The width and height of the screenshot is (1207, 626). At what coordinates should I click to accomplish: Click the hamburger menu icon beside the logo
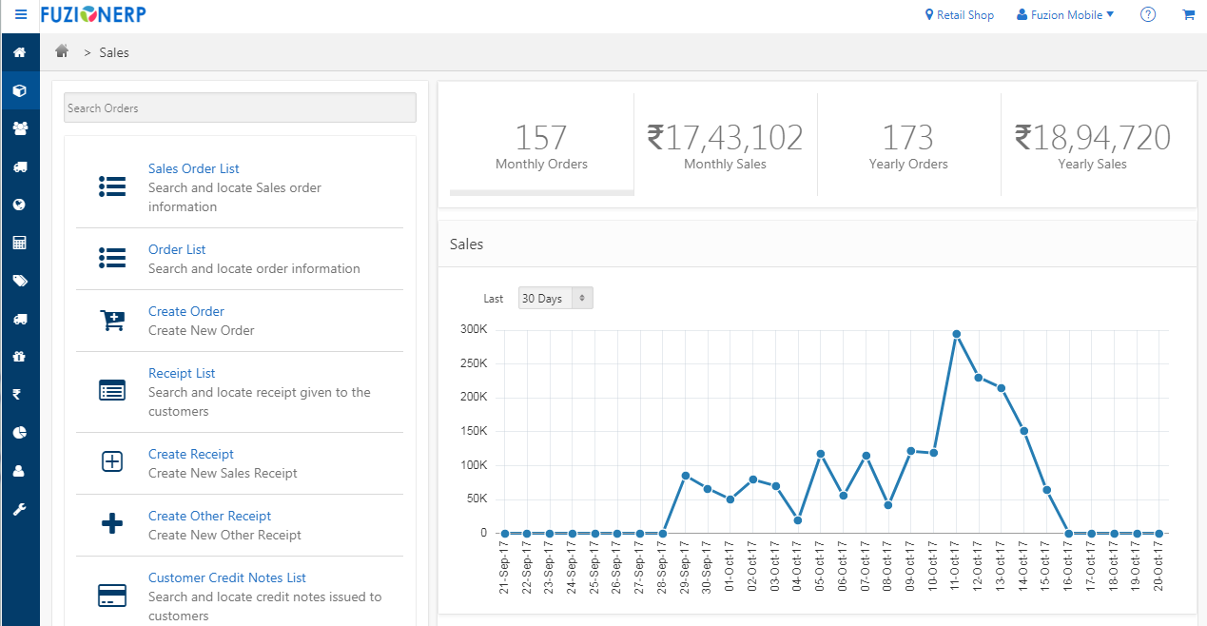21,15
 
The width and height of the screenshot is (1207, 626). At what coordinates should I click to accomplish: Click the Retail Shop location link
960,15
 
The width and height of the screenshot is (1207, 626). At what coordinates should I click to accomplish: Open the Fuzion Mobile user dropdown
1065,15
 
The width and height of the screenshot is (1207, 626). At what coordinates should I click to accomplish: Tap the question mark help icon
1148,15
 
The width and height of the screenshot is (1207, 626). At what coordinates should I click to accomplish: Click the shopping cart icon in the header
1188,15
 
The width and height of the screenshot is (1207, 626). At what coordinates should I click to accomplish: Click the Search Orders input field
240,108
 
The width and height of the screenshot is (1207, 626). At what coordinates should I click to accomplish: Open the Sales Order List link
194,168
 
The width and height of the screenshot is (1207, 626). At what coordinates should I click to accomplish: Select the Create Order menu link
186,311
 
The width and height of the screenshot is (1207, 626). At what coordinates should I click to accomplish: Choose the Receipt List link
182,373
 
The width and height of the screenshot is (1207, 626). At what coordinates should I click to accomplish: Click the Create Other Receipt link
209,516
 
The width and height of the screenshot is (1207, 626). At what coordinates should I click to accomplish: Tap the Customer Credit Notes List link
226,577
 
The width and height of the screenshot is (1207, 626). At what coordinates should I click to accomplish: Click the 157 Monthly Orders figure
541,139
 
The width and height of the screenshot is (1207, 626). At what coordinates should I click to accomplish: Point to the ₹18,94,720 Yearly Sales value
1092,139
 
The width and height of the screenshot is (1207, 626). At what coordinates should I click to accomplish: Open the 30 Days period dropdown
555,299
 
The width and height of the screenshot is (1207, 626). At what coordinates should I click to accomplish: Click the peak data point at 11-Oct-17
956,334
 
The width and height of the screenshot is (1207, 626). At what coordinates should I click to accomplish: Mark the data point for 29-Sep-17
685,476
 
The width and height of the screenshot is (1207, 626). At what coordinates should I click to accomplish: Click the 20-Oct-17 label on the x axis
1158,568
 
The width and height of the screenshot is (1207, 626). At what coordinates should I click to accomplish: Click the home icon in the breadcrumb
62,51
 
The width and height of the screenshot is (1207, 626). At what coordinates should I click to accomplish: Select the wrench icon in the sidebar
19,509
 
